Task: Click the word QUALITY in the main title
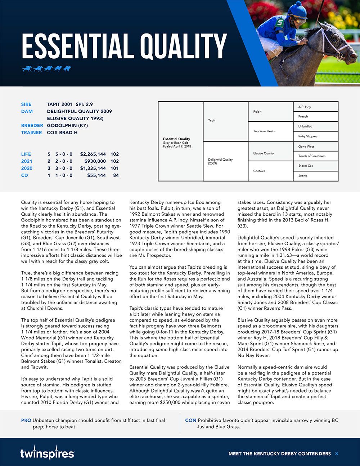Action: pos(183,46)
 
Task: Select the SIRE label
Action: pos(26,104)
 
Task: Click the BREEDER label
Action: pos(32,125)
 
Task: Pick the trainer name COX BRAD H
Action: pos(62,133)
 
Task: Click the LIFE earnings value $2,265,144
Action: pos(93,154)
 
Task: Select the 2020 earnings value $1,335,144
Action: pos(93,168)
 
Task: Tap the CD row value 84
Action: pos(116,175)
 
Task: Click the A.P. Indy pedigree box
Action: pos(315,107)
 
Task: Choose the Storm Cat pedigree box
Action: pos(315,166)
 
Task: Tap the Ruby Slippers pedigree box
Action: pos(315,136)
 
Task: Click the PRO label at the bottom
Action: pos(26,420)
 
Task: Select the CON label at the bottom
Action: pos(190,420)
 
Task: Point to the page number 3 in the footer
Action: pos(336,453)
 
